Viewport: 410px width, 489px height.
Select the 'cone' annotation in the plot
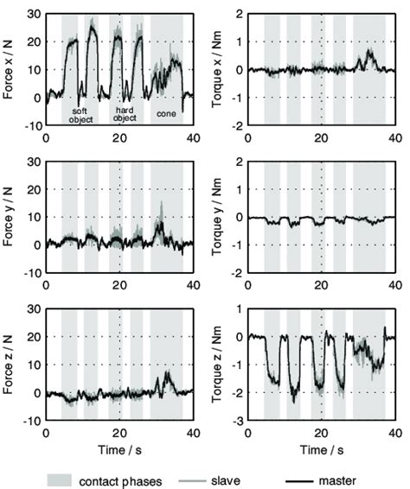point(165,111)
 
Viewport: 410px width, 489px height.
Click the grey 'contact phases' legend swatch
point(72,476)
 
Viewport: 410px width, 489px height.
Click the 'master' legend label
point(364,476)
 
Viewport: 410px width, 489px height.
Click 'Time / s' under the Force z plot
point(119,449)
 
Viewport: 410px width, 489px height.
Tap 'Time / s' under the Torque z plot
point(321,449)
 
